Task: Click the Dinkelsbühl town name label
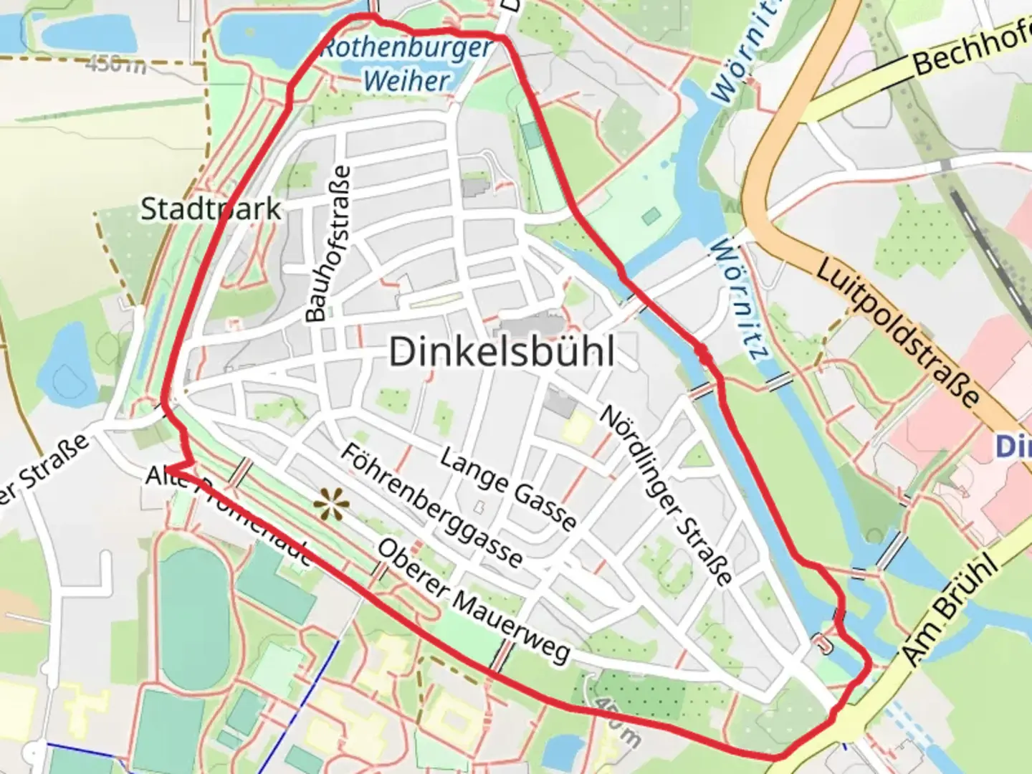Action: [x=502, y=352]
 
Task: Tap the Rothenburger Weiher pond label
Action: [x=406, y=64]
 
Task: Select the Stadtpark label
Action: [x=211, y=209]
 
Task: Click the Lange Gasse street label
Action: [x=508, y=489]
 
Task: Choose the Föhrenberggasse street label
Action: [x=431, y=505]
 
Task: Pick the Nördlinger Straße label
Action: [x=666, y=494]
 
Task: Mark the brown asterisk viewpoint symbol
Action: [x=331, y=505]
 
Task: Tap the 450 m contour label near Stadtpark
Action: [x=115, y=64]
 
